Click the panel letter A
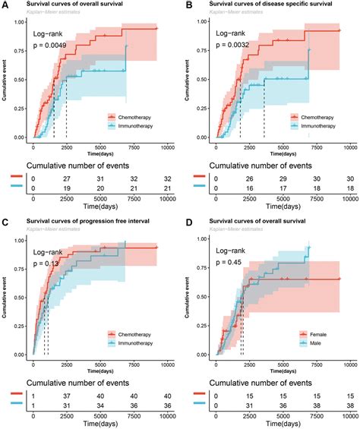(5, 5)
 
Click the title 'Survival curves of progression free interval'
(90, 221)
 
